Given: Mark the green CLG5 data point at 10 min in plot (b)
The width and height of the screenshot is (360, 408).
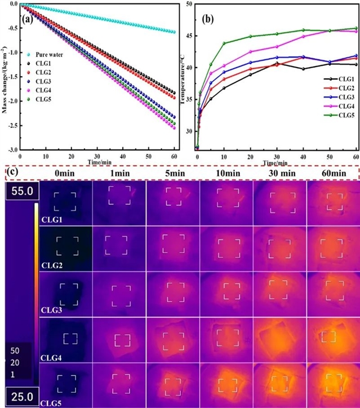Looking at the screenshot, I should tap(224, 43).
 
